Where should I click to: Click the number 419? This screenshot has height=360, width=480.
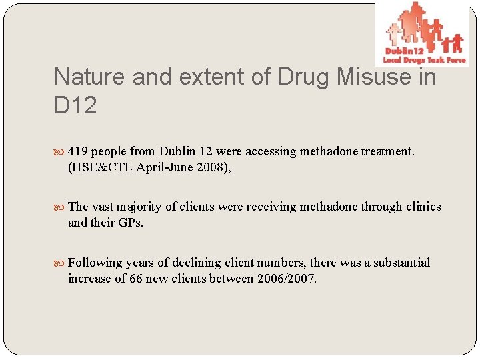coord(79,151)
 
